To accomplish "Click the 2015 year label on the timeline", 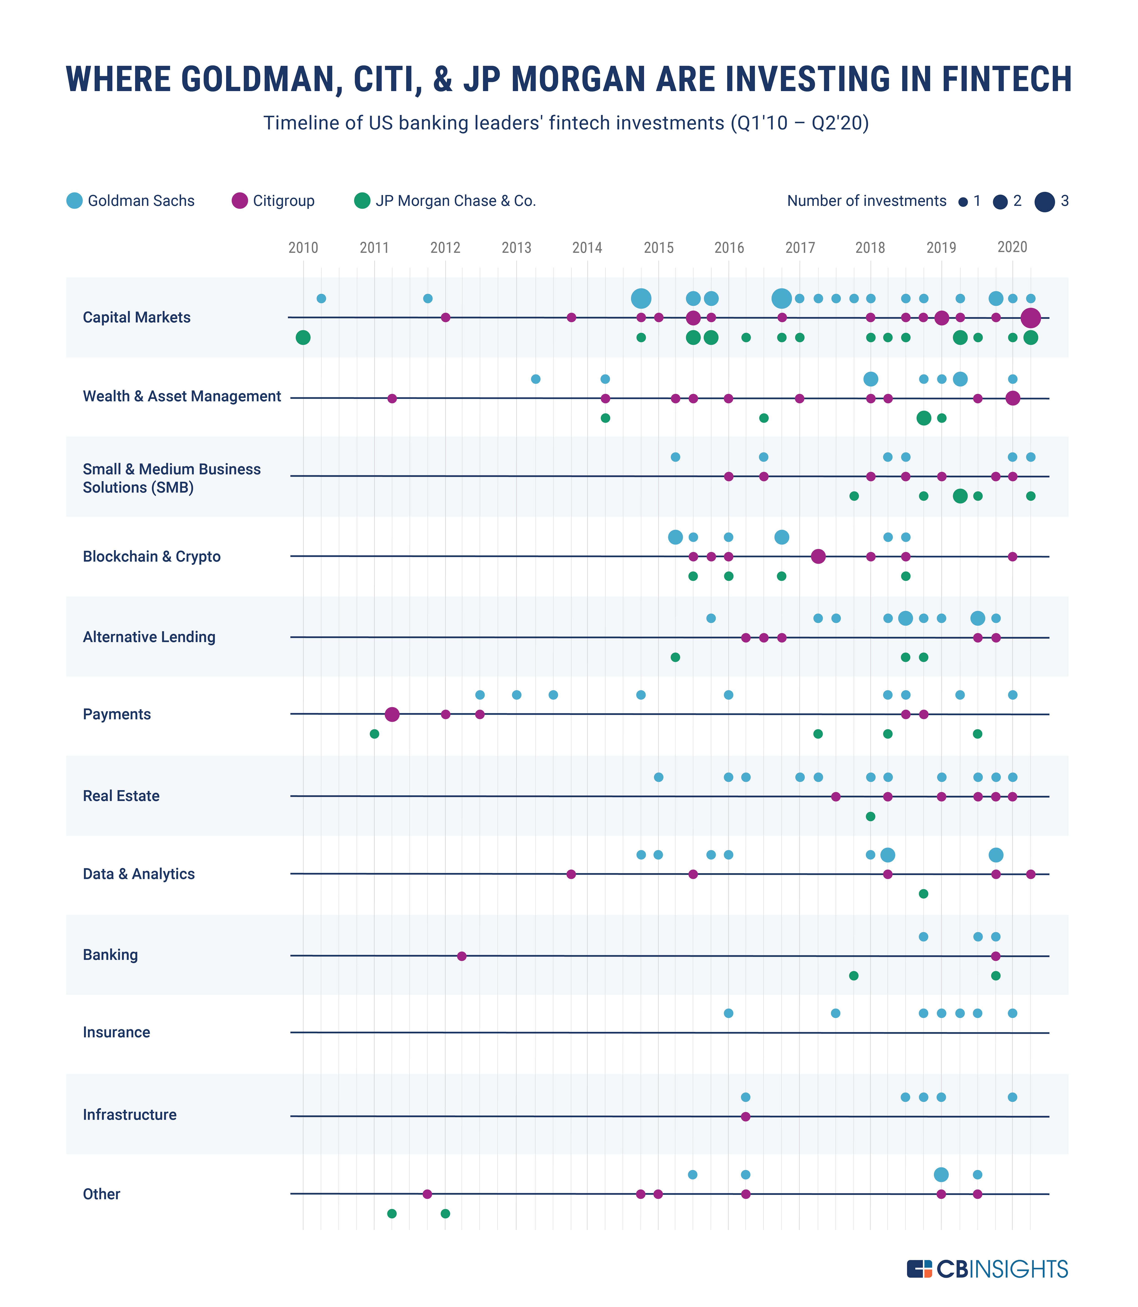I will coord(658,248).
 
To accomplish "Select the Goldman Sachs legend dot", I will coord(74,201).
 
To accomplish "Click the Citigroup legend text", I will coord(283,201).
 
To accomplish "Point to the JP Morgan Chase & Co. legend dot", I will coord(362,201).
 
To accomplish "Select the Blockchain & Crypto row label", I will coord(152,557).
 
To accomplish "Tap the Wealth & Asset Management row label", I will coord(182,397).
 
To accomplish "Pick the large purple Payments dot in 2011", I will coord(392,714).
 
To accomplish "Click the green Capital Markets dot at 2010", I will coord(303,337).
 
